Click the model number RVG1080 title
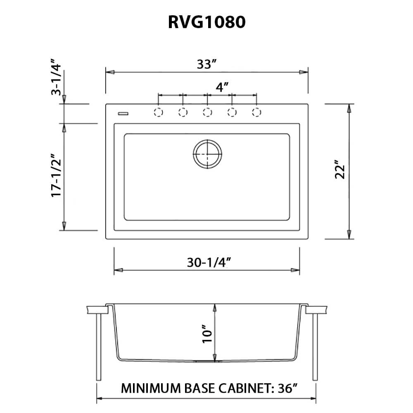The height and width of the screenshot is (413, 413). coord(206,23)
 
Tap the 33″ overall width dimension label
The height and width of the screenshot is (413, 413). coord(206,64)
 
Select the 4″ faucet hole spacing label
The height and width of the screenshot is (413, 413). coord(222,87)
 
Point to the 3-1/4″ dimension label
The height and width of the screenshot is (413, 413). coord(56,80)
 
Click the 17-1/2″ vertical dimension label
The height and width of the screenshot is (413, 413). coord(56,176)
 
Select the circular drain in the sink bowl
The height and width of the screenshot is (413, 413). coord(207,154)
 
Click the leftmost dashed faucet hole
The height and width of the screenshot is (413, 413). coord(158,112)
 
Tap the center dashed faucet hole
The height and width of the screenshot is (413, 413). coord(207,112)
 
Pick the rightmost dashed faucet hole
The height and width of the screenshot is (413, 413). coord(256,112)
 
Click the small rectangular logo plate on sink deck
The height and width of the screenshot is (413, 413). coord(123,112)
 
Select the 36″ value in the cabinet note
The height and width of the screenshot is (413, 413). coord(287,389)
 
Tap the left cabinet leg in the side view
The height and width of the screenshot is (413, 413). coord(98,347)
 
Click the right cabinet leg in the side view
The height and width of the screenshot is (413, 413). coord(315,347)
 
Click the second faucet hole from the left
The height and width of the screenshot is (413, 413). coord(183,112)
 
